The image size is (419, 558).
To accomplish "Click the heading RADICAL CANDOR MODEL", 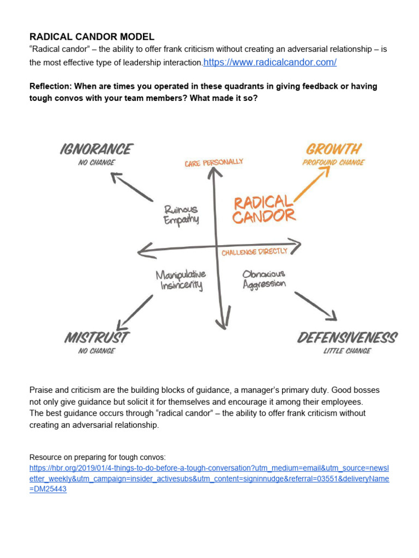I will [92, 37].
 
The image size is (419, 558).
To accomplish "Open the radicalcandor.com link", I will [270, 62].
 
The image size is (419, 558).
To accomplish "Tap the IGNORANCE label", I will [96, 149].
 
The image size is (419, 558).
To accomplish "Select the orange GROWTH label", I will [333, 149].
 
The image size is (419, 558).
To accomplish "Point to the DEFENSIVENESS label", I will [347, 338].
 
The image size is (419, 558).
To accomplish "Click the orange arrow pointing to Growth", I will [310, 184].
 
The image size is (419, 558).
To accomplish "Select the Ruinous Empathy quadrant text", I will [181, 214].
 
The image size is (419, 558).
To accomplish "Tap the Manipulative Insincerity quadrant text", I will [181, 280].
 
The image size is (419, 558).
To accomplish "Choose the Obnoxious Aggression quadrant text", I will [264, 278].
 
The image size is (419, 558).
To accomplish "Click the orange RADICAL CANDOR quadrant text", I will [264, 209].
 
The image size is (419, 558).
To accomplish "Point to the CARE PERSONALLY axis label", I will [213, 162].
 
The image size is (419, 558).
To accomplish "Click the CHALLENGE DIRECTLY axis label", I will [254, 252].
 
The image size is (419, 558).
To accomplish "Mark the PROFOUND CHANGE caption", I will [333, 162].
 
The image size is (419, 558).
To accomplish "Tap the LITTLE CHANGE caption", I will [347, 351].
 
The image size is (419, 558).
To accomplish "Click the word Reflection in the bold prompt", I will [49, 86].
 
